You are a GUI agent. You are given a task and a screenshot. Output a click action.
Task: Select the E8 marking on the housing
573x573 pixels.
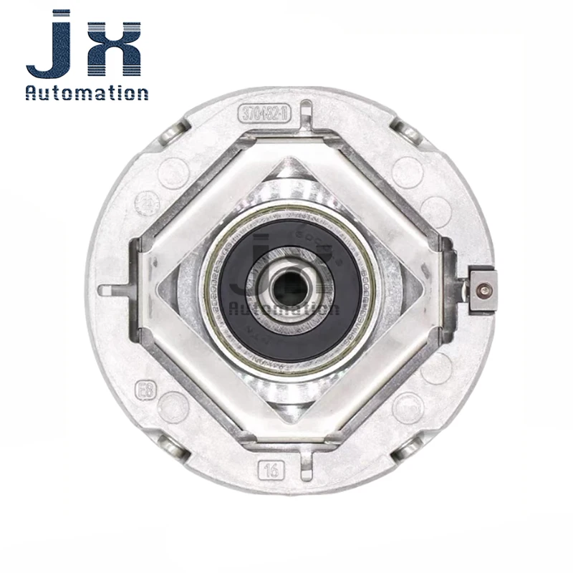click(145, 393)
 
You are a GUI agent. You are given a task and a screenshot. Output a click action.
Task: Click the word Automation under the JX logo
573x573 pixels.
click(87, 92)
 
